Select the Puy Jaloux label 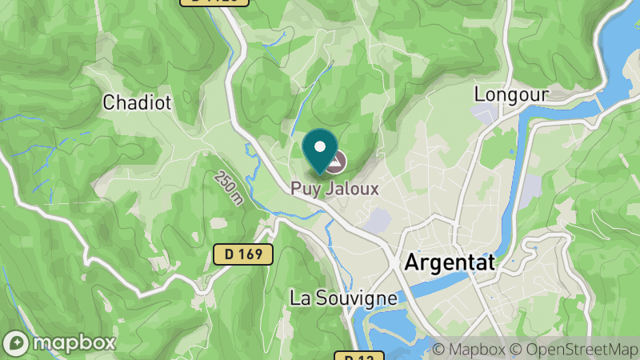point(334,190)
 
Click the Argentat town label point(450,262)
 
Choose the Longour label point(511,94)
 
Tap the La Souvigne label point(343,298)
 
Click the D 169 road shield point(244,255)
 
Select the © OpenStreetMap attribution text point(574,350)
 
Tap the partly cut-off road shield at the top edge point(214,2)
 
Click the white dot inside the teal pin point(320,146)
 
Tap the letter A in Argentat point(413,262)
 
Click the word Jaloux point(352,190)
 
